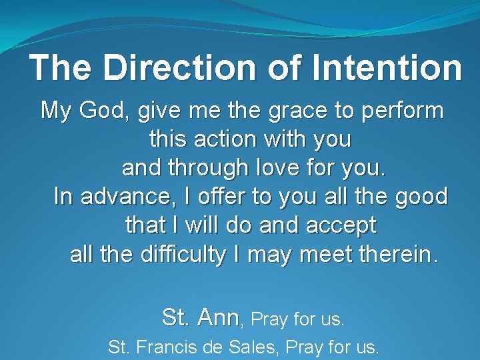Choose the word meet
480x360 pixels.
[330, 255]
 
